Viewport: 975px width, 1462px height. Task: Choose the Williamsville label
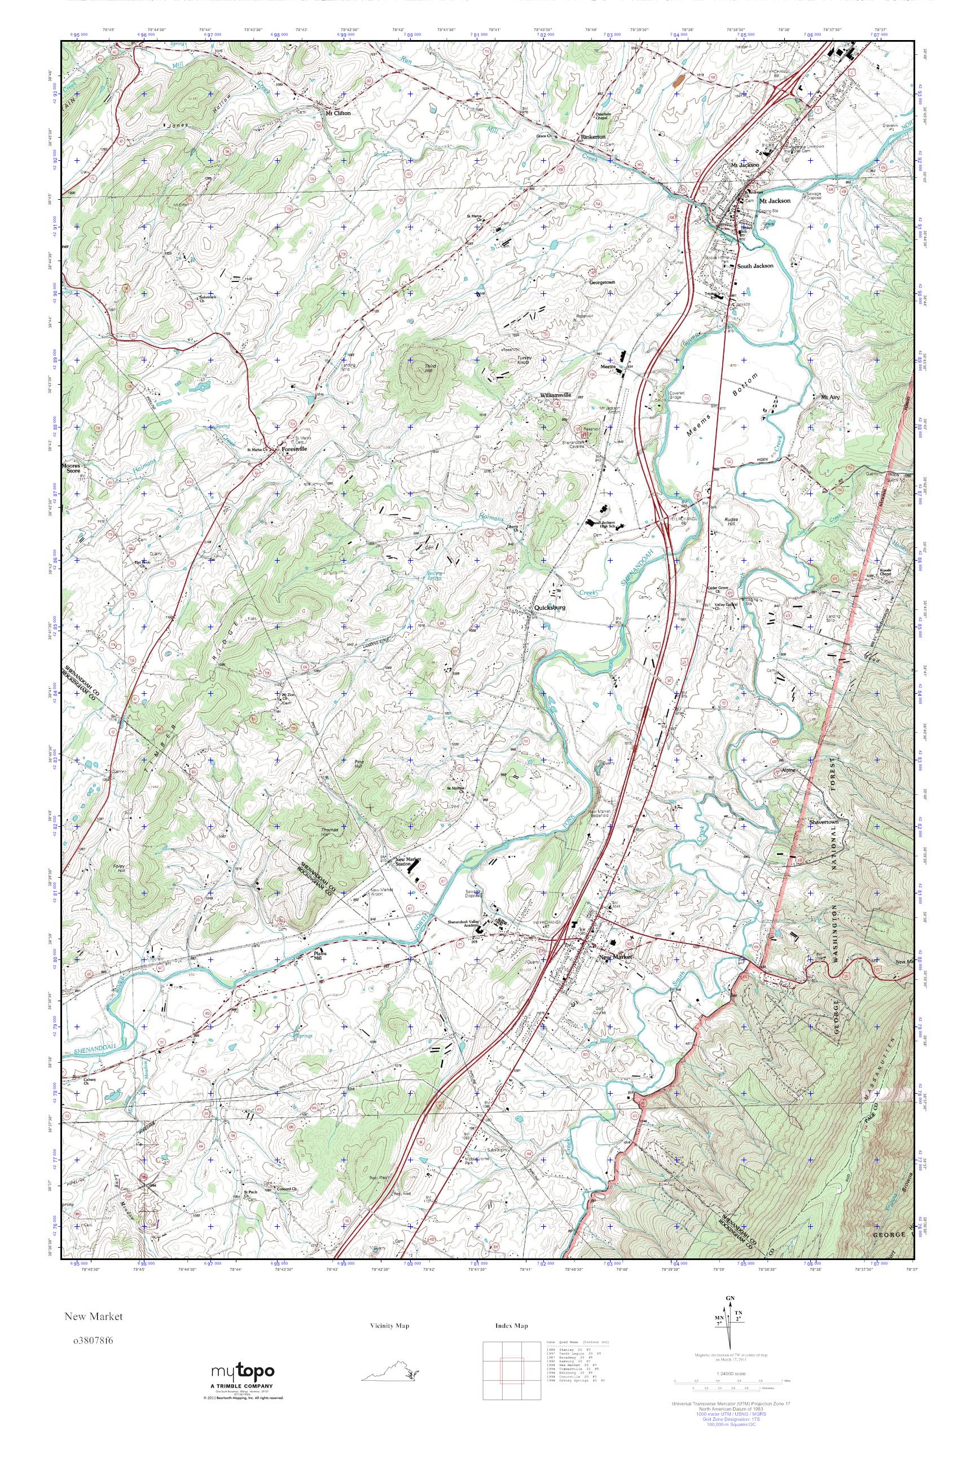point(555,395)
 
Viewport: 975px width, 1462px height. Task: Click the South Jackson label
point(755,266)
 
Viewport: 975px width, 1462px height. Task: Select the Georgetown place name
point(603,282)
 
